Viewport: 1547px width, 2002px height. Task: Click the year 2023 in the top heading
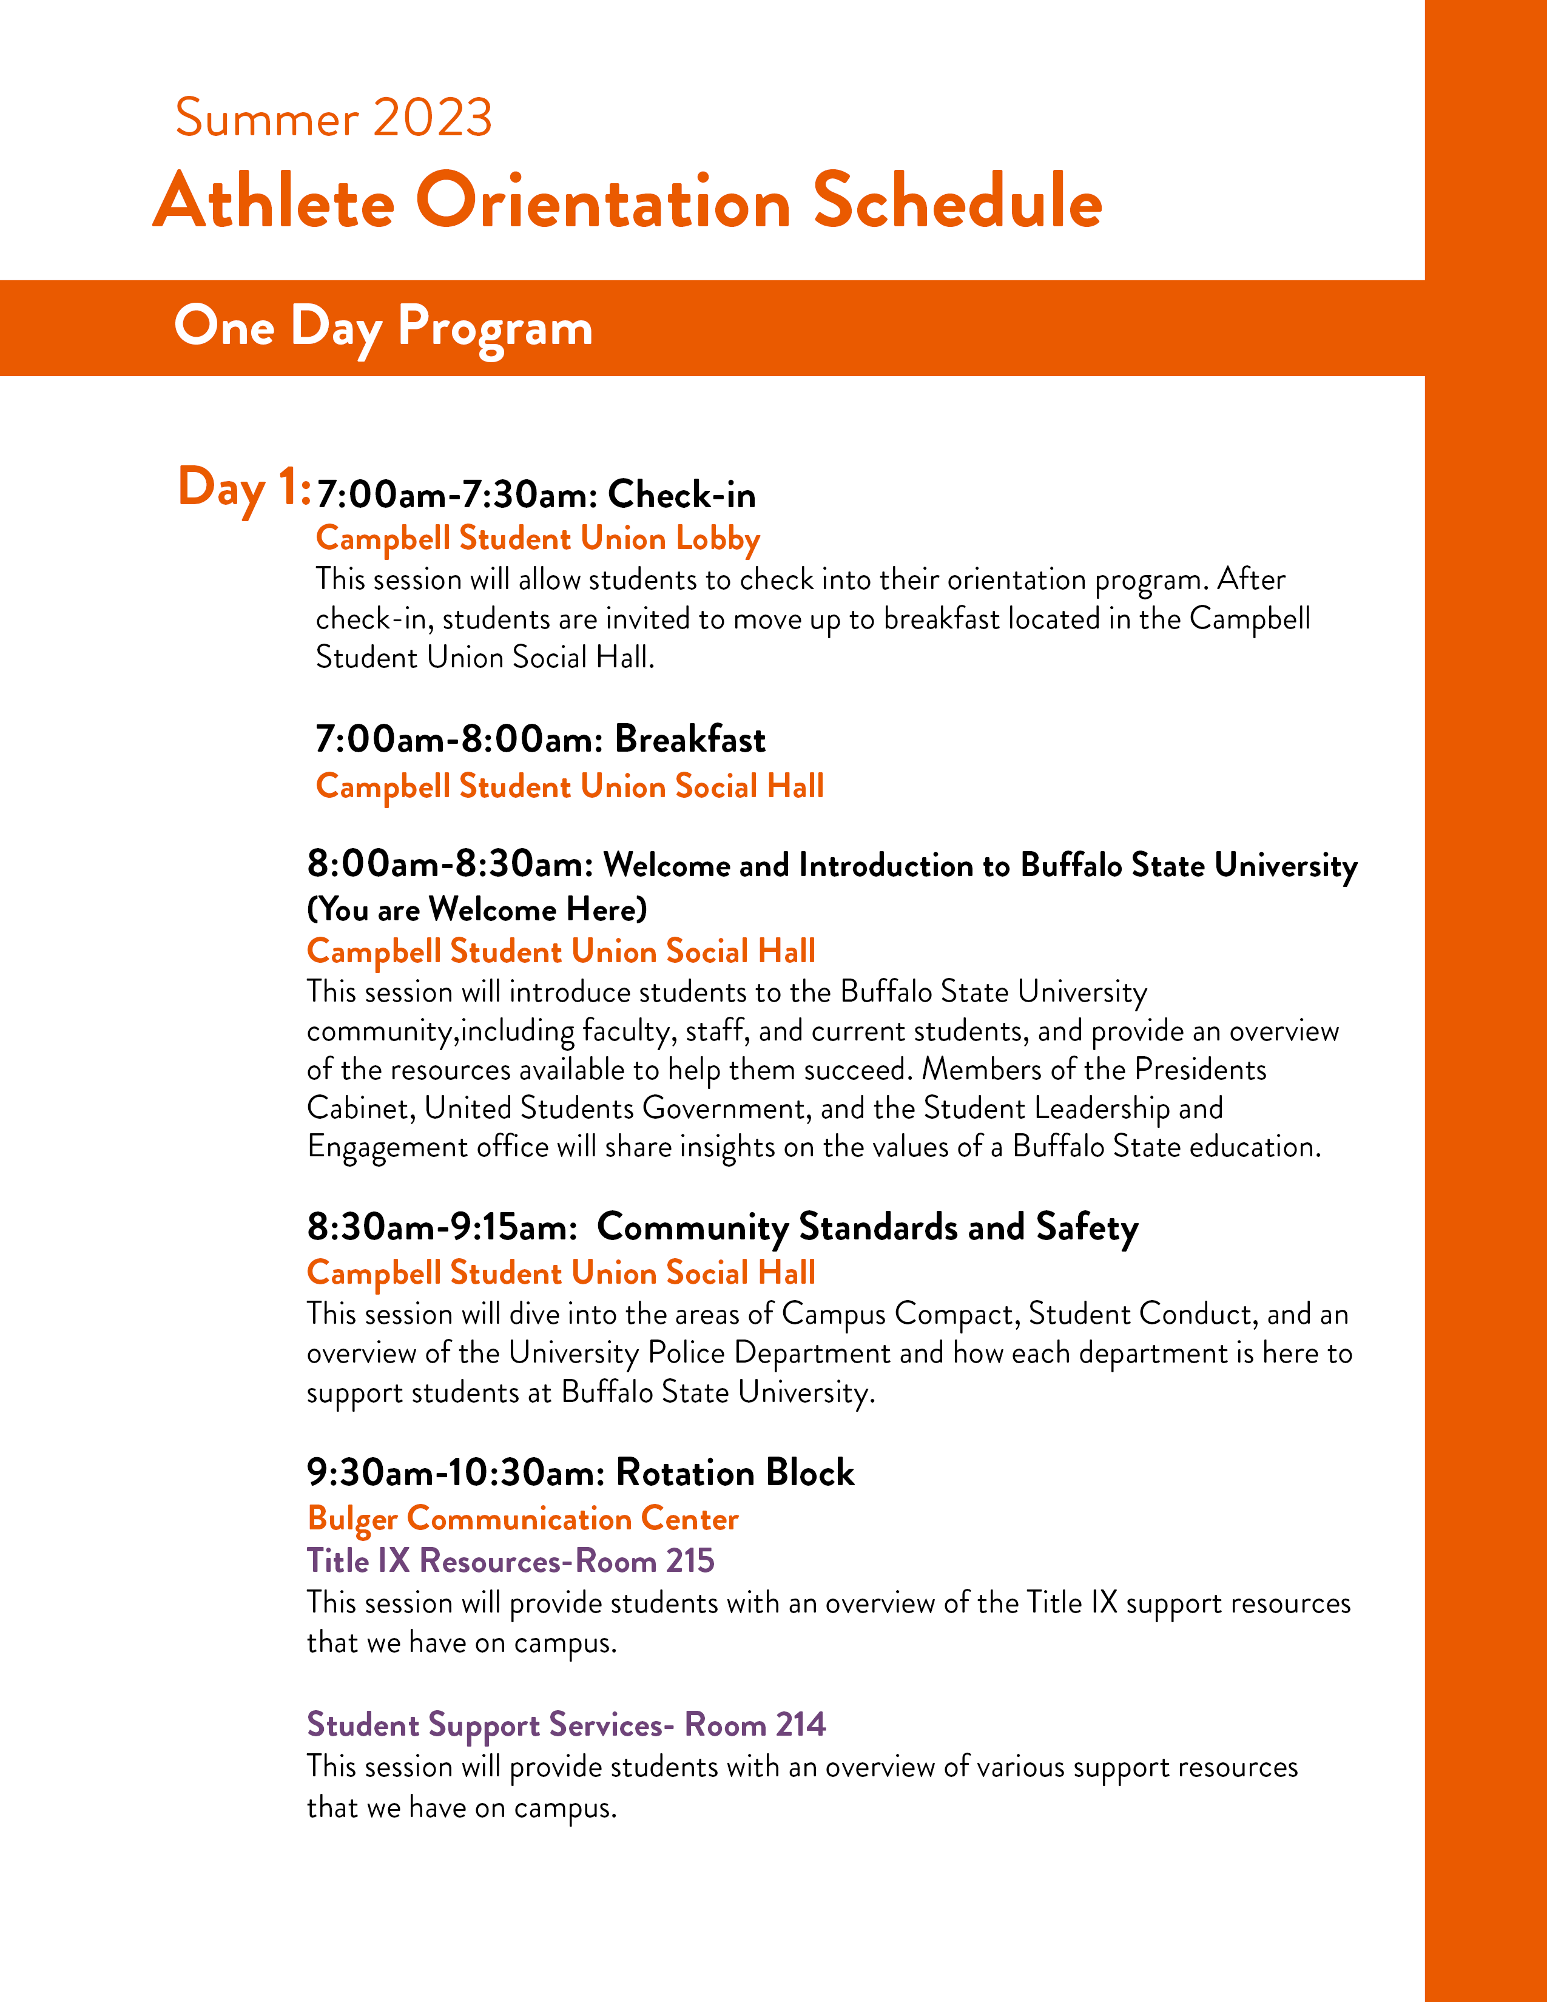click(433, 118)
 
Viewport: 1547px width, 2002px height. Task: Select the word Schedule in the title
click(958, 201)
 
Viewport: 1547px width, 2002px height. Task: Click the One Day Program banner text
click(383, 327)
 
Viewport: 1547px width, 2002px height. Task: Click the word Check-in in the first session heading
click(682, 495)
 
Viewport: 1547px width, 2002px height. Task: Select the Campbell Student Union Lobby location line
click(538, 539)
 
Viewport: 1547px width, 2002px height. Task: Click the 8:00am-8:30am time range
click(451, 863)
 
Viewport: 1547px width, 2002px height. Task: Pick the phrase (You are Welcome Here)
click(477, 909)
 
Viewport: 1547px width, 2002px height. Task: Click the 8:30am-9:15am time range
click(442, 1227)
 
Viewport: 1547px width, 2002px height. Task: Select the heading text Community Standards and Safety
click(867, 1227)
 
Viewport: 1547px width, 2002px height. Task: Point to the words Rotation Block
click(735, 1473)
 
